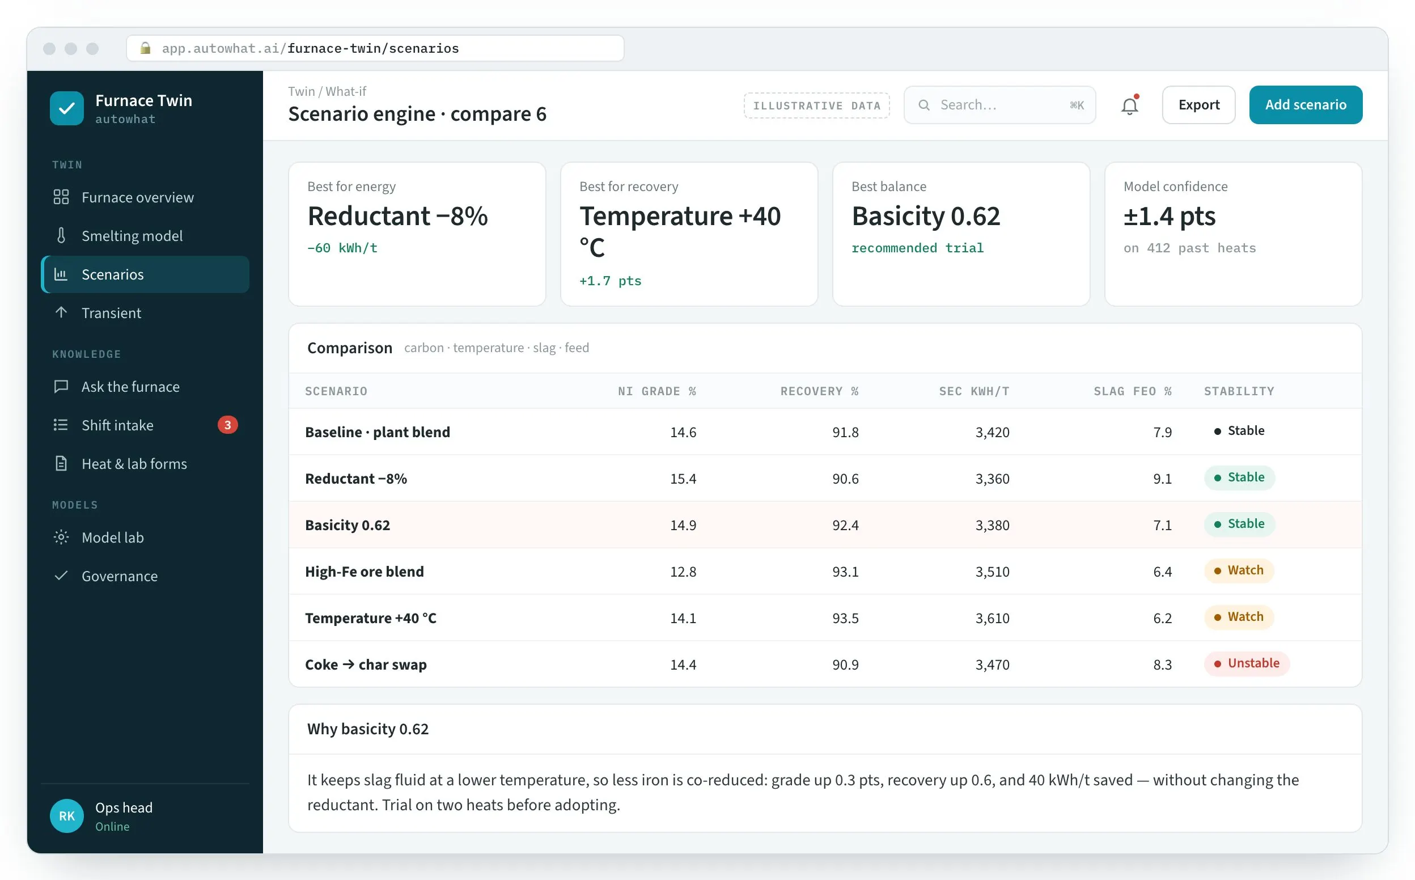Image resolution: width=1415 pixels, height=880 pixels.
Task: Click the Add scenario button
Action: pyautogui.click(x=1305, y=105)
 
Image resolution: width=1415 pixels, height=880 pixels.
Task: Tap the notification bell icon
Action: pyautogui.click(x=1129, y=105)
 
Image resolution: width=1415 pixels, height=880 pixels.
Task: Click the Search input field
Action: pyautogui.click(x=999, y=105)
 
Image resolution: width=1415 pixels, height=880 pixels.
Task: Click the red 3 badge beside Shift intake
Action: pyautogui.click(x=227, y=425)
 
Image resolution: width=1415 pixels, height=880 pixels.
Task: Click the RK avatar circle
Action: pyautogui.click(x=67, y=815)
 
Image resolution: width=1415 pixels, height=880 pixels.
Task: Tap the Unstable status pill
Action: pyautogui.click(x=1246, y=663)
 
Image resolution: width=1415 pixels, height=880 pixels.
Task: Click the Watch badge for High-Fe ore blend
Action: pyautogui.click(x=1239, y=570)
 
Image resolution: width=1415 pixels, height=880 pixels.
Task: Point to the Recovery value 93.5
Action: pyautogui.click(x=845, y=618)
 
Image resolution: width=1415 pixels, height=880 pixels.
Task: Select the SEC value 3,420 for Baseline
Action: pyautogui.click(x=992, y=433)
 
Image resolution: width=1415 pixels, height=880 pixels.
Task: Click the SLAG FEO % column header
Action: pyautogui.click(x=1132, y=391)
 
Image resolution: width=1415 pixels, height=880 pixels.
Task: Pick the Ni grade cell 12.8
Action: pyautogui.click(x=683, y=572)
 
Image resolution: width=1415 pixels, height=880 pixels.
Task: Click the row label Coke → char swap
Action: pyautogui.click(x=366, y=665)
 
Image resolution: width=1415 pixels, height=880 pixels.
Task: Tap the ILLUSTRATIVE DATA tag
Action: pyautogui.click(x=816, y=105)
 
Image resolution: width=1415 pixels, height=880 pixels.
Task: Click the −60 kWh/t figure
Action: pyautogui.click(x=342, y=248)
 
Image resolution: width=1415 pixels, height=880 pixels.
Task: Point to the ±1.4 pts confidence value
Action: pyautogui.click(x=1169, y=217)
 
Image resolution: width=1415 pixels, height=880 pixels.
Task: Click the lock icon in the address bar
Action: pyautogui.click(x=146, y=48)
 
